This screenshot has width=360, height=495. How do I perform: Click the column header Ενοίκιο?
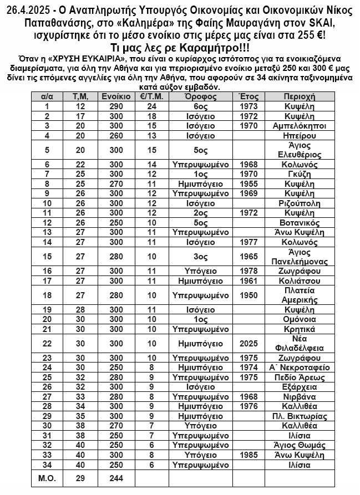116,96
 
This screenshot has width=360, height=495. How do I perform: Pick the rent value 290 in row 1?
116,106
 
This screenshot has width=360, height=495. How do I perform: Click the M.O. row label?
47,478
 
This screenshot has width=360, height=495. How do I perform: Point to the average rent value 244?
116,478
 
